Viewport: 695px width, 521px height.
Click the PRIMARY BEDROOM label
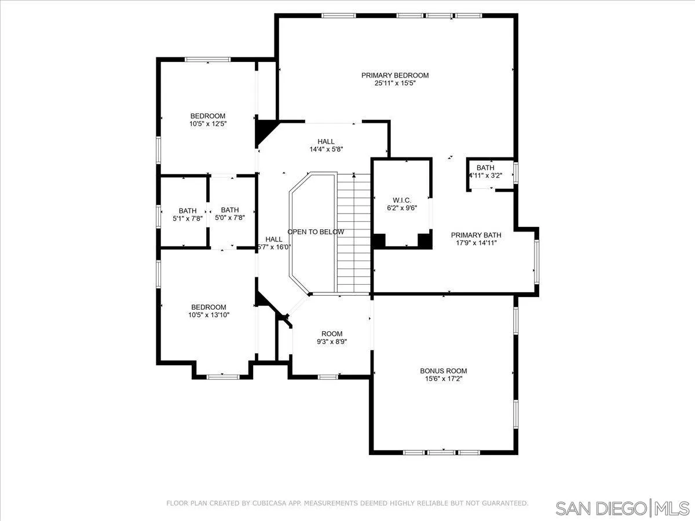(x=395, y=75)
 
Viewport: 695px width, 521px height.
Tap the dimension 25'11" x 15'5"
(x=395, y=83)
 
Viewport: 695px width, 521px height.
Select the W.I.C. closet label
(x=401, y=199)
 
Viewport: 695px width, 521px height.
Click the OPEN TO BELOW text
(x=316, y=232)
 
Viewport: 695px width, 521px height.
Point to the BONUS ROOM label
(x=443, y=371)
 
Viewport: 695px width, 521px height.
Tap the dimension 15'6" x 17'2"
(x=443, y=379)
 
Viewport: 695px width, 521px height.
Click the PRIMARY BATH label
(x=476, y=235)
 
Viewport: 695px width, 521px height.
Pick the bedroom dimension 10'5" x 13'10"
(x=209, y=315)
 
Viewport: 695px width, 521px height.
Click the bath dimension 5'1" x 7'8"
(x=187, y=219)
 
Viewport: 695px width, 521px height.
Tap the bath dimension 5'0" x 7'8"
(x=229, y=218)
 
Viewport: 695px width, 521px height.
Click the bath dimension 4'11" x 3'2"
(x=485, y=175)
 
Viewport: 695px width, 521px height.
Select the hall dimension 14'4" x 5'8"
(x=325, y=149)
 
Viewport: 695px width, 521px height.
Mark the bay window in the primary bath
(x=537, y=260)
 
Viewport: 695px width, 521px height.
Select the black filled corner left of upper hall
(x=264, y=131)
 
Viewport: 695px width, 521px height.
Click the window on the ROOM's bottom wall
(x=328, y=377)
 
